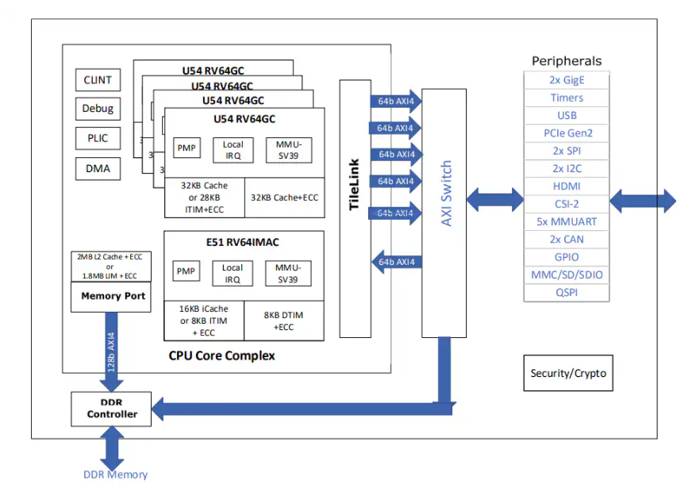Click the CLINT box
(x=98, y=79)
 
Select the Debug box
(x=98, y=109)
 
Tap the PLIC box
(x=98, y=138)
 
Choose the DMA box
(x=98, y=168)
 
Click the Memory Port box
(x=113, y=296)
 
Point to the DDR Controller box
(x=111, y=408)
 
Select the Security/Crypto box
(x=568, y=373)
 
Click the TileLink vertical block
(x=355, y=208)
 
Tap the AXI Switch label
(x=445, y=194)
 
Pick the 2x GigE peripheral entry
(x=566, y=80)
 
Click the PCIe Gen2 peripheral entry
(x=566, y=133)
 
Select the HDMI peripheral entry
(x=566, y=186)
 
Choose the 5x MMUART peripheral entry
(x=566, y=221)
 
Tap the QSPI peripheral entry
(x=566, y=292)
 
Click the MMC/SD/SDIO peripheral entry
(x=566, y=275)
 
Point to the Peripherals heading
(x=566, y=61)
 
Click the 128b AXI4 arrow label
(x=111, y=348)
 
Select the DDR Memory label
(x=115, y=475)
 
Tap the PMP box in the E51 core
(x=186, y=271)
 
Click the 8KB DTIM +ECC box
(x=283, y=321)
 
